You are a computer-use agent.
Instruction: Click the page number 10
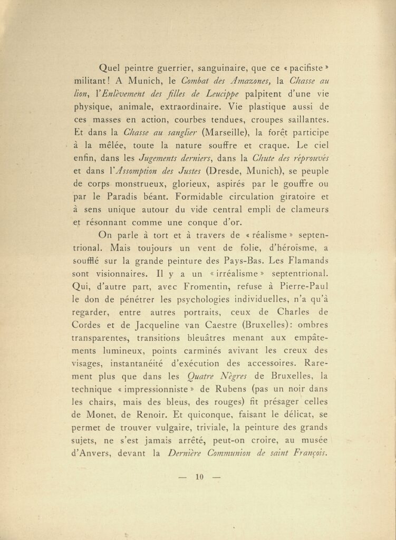point(199,478)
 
